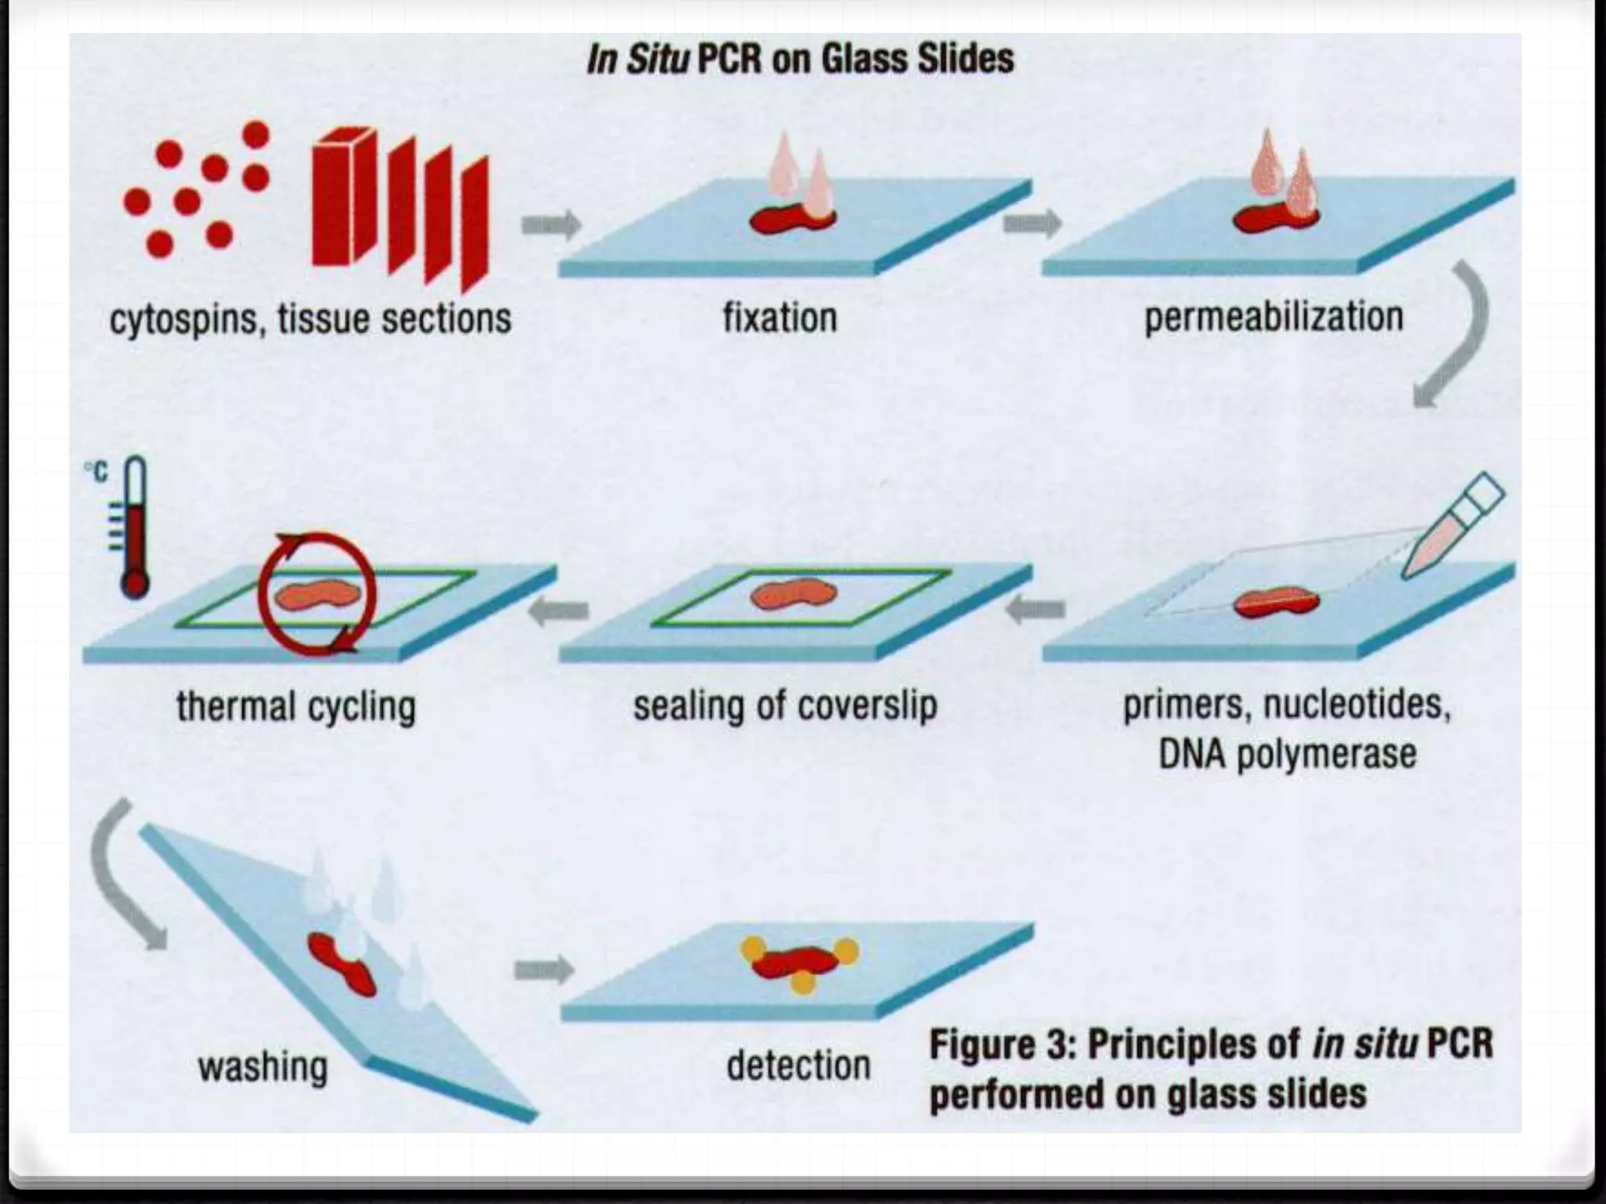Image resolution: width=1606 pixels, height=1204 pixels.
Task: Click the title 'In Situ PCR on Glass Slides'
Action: click(800, 60)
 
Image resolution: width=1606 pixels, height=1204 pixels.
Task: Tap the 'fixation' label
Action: click(779, 318)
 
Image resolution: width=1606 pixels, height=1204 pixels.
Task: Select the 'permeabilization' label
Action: click(1274, 317)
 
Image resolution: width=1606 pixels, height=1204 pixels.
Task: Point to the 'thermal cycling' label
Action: click(296, 706)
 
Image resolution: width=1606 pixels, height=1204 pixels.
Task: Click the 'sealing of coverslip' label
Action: click(785, 705)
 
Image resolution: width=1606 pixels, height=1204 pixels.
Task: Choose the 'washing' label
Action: click(263, 1067)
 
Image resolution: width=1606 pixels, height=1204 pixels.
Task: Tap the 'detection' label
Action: click(798, 1066)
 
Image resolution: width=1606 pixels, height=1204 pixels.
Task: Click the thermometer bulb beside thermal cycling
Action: click(135, 583)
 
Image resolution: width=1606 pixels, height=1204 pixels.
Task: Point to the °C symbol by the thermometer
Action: click(96, 473)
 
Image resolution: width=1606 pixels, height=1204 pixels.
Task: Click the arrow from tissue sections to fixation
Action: click(550, 225)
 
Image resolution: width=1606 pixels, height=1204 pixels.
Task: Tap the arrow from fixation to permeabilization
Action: click(1032, 224)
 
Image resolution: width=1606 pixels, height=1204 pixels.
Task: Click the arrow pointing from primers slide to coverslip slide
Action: click(1036, 609)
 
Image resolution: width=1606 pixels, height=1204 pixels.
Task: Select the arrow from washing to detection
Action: click(543, 970)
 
